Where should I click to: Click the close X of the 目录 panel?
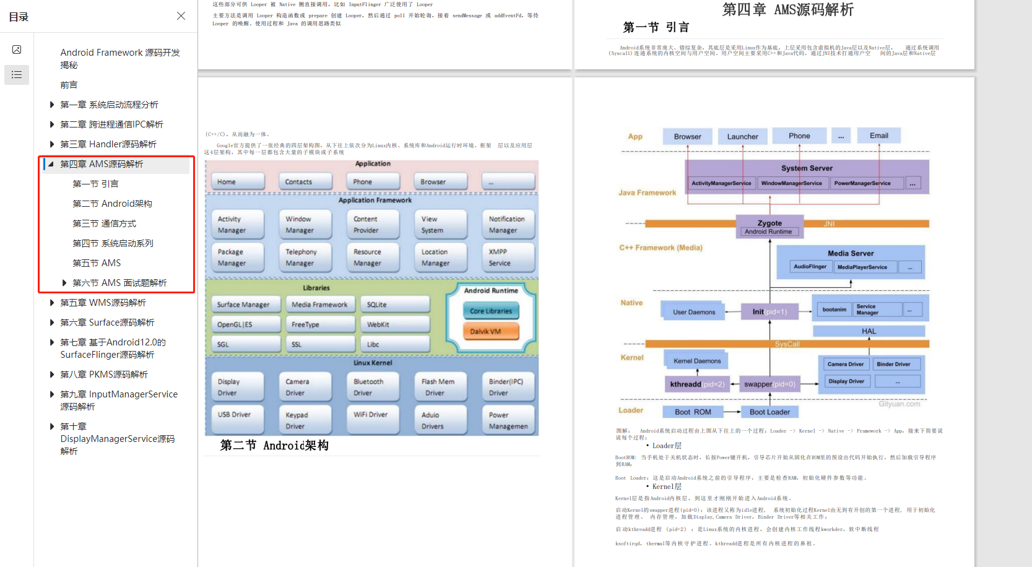[x=181, y=16]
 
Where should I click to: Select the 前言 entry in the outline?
[x=69, y=85]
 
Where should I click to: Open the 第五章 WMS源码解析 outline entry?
[x=103, y=303]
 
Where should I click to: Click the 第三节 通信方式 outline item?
[x=104, y=223]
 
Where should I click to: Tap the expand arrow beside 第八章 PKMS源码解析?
[x=52, y=374]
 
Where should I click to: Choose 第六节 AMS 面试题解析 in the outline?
[x=119, y=283]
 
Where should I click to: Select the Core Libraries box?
[x=490, y=311]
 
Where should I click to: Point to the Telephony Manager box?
[x=308, y=258]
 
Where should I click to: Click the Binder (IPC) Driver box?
[x=508, y=387]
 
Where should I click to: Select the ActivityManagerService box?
[x=721, y=183]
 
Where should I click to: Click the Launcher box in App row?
[x=742, y=137]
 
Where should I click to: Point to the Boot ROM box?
[x=693, y=412]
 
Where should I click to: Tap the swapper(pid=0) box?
[x=770, y=384]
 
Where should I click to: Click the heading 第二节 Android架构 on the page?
[x=274, y=446]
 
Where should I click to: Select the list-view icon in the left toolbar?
[x=17, y=75]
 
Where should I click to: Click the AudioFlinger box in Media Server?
[x=810, y=267]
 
